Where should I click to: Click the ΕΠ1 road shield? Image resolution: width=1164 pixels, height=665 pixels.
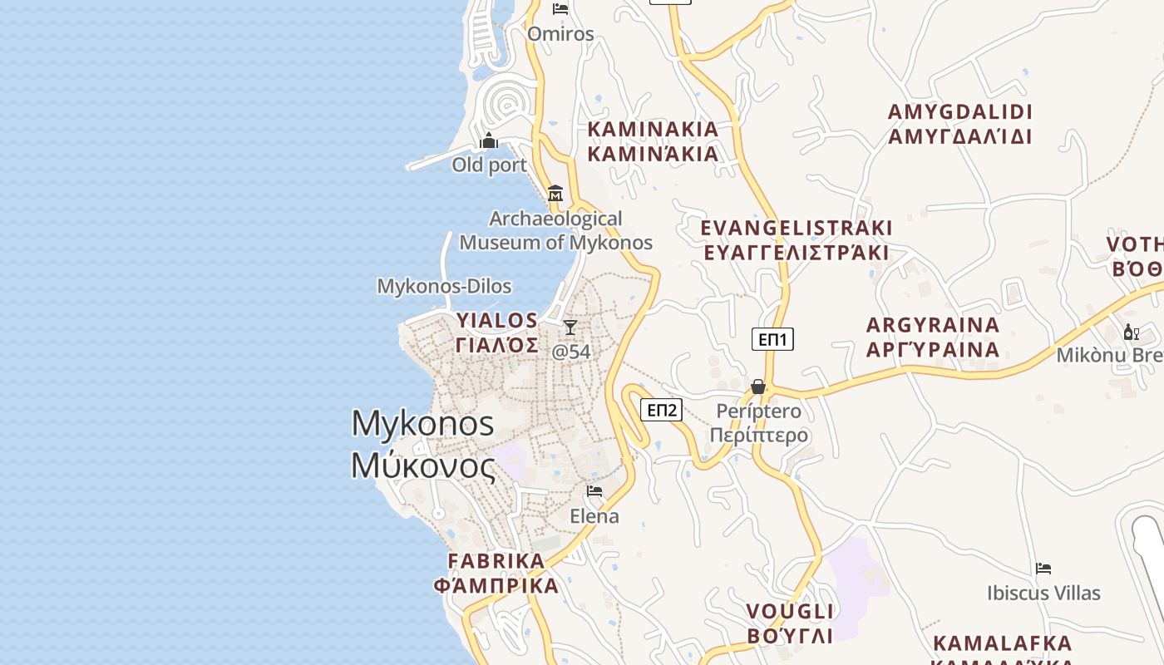773,338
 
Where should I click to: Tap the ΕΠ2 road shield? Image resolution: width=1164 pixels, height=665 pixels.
662,409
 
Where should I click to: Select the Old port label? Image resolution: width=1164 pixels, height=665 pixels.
489,165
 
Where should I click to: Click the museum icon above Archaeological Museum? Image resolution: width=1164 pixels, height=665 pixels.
555,194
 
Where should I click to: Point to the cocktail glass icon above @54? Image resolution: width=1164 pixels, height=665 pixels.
570,328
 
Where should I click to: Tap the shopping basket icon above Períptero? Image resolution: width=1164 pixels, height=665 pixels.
758,387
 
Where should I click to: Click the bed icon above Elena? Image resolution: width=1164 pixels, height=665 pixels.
594,491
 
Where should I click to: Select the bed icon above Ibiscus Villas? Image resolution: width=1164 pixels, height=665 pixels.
1043,569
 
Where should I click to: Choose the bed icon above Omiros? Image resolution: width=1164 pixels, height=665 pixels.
560,9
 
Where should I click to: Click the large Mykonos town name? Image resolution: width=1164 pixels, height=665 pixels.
423,444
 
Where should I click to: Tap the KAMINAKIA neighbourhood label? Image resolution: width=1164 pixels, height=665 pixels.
653,141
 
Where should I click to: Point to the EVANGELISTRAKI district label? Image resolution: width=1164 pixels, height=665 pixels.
797,239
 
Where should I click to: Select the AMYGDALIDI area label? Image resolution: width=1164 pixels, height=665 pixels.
960,124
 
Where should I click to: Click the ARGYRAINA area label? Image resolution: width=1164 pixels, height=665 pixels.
933,337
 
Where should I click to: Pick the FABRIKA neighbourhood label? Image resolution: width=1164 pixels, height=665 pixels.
496,573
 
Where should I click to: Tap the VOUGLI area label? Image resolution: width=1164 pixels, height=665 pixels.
789,623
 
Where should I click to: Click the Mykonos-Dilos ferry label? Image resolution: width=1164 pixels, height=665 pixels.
444,286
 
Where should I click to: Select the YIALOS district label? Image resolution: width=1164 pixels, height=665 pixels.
497,332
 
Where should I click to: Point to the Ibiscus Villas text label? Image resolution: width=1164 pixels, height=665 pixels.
1043,593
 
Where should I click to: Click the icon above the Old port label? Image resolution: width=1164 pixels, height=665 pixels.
489,140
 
